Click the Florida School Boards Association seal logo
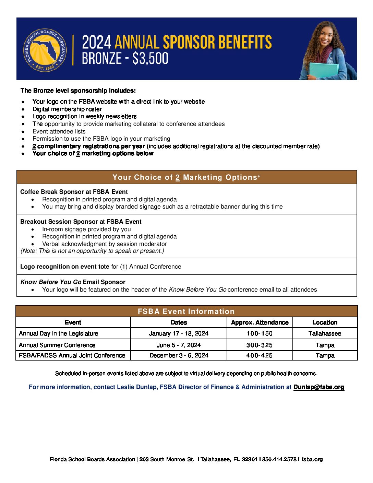click(x=45, y=50)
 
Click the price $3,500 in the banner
click(x=150, y=58)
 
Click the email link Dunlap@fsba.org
click(x=318, y=387)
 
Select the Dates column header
click(x=179, y=322)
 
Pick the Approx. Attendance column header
click(x=260, y=322)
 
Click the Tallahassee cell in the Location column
click(x=325, y=333)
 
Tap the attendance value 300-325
click(x=260, y=345)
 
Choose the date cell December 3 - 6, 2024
click(x=179, y=355)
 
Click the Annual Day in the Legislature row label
click(x=59, y=333)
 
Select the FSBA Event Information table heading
click(x=186, y=311)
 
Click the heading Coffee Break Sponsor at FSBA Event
click(x=74, y=192)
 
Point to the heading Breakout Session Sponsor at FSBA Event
click(x=81, y=222)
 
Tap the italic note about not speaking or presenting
click(x=92, y=251)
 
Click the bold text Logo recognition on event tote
click(x=65, y=267)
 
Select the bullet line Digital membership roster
click(x=67, y=109)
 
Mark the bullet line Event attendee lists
click(x=59, y=131)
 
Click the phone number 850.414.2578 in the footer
click(x=279, y=459)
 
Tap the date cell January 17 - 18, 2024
click(x=179, y=333)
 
